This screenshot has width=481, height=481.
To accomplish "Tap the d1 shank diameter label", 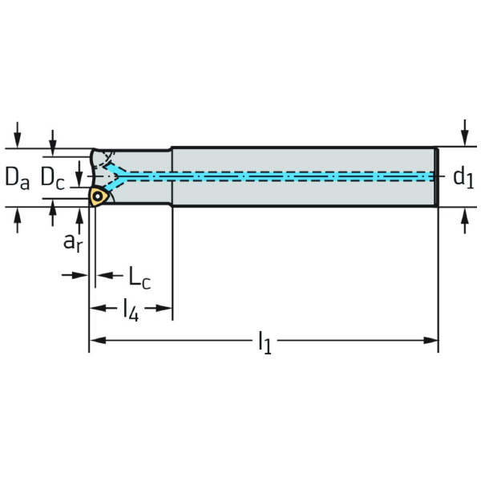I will click(x=463, y=178).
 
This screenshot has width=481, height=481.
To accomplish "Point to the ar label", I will click(x=73, y=240).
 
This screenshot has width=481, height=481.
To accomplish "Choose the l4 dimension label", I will click(x=131, y=309).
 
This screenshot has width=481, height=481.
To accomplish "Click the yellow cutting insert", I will click(x=99, y=196).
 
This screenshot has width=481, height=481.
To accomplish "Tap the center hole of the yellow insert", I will click(x=98, y=196).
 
